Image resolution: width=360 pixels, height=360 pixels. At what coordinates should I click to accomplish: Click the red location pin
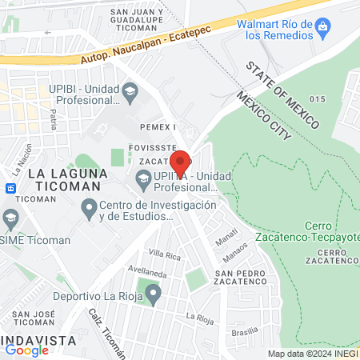point(181,163)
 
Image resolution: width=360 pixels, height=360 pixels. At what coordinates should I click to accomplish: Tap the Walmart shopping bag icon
point(322,30)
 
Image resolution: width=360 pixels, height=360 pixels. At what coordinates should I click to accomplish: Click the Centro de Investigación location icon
point(89,210)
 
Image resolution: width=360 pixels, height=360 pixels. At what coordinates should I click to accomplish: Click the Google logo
point(27,350)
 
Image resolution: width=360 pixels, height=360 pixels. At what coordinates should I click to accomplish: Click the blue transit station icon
point(10,189)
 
